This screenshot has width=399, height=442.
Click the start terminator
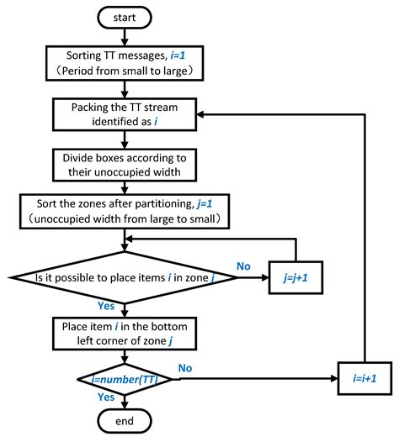coord(125,17)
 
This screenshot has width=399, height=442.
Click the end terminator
coord(125,419)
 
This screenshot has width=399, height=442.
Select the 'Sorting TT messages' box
coord(125,61)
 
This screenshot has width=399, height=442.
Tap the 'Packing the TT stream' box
coord(125,115)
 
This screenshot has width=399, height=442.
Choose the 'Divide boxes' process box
coord(125,164)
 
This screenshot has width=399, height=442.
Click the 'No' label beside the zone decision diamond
coord(245,266)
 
